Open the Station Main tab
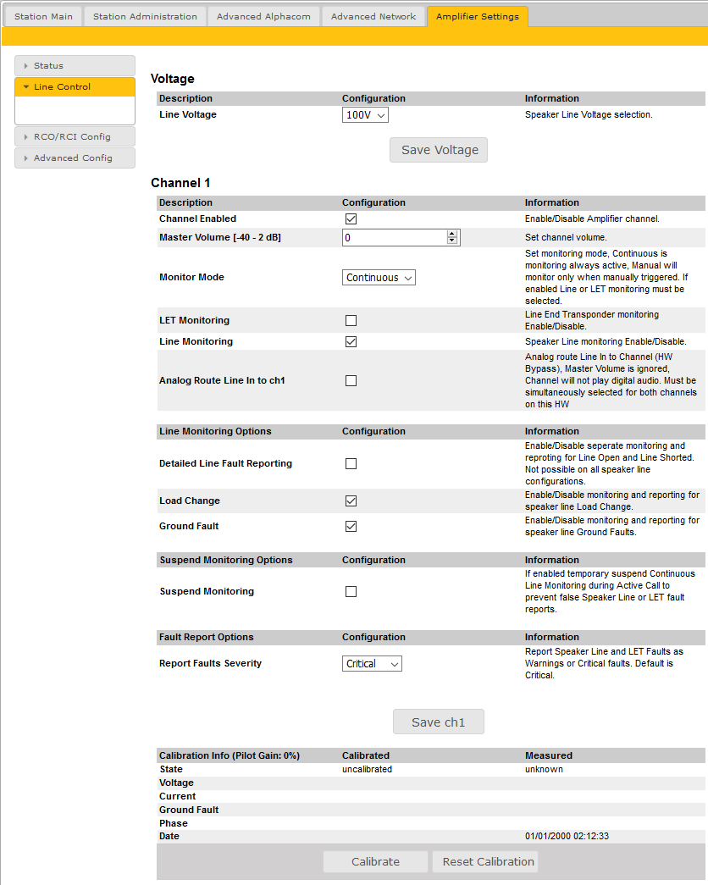pyautogui.click(x=43, y=17)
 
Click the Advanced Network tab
pyautogui.click(x=373, y=17)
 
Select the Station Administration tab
pyautogui.click(x=145, y=17)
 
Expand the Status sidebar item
pyautogui.click(x=75, y=65)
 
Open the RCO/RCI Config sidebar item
pyautogui.click(x=75, y=136)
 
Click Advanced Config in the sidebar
pyautogui.click(x=75, y=158)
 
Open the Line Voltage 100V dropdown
pyautogui.click(x=365, y=115)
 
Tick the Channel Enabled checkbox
pyautogui.click(x=351, y=218)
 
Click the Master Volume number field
pyautogui.click(x=395, y=238)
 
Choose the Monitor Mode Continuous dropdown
pyautogui.click(x=379, y=278)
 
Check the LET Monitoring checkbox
pyautogui.click(x=351, y=320)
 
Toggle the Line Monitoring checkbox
pyautogui.click(x=351, y=341)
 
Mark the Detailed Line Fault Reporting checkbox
pyautogui.click(x=351, y=463)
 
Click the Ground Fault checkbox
pyautogui.click(x=351, y=526)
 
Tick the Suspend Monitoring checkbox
pyautogui.click(x=351, y=591)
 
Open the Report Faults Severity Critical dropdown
pyautogui.click(x=372, y=664)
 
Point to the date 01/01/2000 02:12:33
pyautogui.click(x=567, y=836)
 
